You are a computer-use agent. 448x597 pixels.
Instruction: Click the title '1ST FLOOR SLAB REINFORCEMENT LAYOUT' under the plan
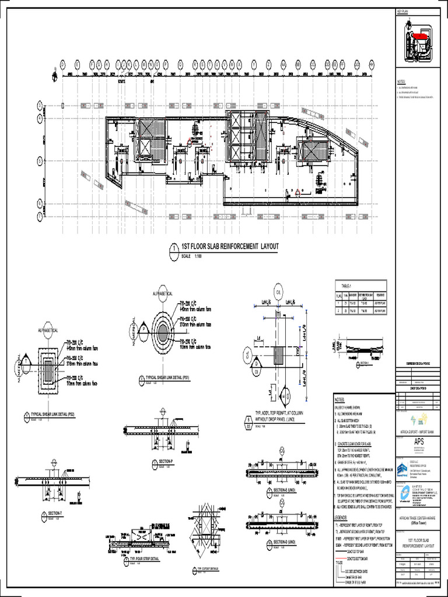[230, 247]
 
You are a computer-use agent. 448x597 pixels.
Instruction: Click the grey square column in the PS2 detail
[48, 367]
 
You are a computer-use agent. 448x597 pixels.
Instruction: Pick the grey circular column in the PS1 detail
[163, 331]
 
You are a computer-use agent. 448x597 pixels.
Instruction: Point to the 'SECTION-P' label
[167, 461]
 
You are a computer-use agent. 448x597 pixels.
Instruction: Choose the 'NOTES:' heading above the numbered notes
[340, 400]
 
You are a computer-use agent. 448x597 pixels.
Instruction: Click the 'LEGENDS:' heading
[341, 518]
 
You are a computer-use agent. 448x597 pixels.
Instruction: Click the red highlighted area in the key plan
[416, 36]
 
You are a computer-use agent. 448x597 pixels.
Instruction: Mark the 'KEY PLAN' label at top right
[404, 12]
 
